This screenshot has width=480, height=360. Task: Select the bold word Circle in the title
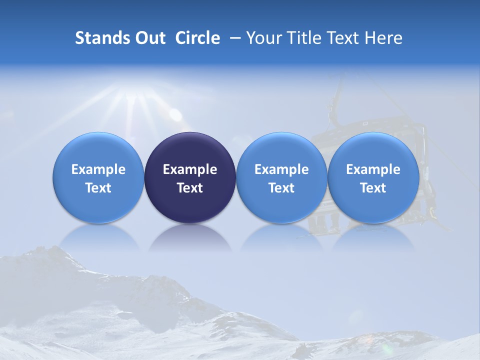(197, 38)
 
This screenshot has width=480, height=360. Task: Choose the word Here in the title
(384, 38)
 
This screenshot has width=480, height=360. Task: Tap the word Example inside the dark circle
(190, 169)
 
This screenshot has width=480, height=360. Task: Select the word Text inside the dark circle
(190, 188)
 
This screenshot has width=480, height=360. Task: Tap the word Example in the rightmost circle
(373, 169)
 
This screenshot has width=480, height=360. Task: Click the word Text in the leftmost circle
(98, 188)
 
